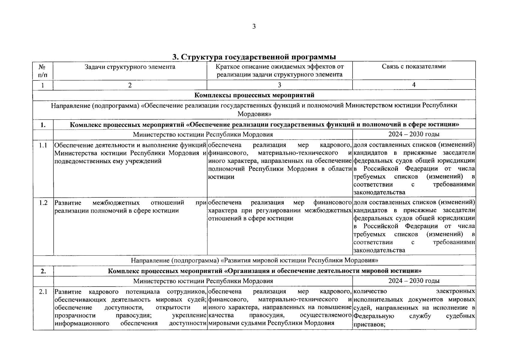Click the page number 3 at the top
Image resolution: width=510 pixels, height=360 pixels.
[x=254, y=27]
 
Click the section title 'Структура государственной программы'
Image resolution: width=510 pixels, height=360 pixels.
[x=254, y=57]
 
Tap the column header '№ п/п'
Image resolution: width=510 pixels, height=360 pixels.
[x=43, y=70]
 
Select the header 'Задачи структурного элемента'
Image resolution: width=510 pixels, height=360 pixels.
[x=130, y=67]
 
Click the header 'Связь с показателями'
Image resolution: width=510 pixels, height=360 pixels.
[x=413, y=67]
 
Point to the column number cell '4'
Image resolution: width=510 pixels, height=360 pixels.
[x=413, y=85]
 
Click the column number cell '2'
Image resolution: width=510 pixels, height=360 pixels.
[x=130, y=85]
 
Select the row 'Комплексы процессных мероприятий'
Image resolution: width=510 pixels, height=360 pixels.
[x=254, y=95]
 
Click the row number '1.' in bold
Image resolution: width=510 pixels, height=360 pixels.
[x=43, y=125]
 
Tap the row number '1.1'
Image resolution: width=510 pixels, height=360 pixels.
[x=43, y=145]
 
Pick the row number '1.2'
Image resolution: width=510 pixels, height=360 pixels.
[x=43, y=203]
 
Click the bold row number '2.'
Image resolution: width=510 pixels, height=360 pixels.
[x=43, y=271]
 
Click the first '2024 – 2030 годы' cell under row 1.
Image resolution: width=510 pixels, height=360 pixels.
[x=414, y=134]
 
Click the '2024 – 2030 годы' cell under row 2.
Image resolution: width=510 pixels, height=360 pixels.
[x=414, y=281]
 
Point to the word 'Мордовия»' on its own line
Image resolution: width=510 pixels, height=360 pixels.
[x=254, y=114]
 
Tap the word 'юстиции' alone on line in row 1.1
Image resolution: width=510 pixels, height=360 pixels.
[x=221, y=177]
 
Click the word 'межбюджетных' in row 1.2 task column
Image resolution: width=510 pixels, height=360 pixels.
[x=116, y=203]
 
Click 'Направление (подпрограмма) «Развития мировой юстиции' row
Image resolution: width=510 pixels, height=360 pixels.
[x=254, y=260]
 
